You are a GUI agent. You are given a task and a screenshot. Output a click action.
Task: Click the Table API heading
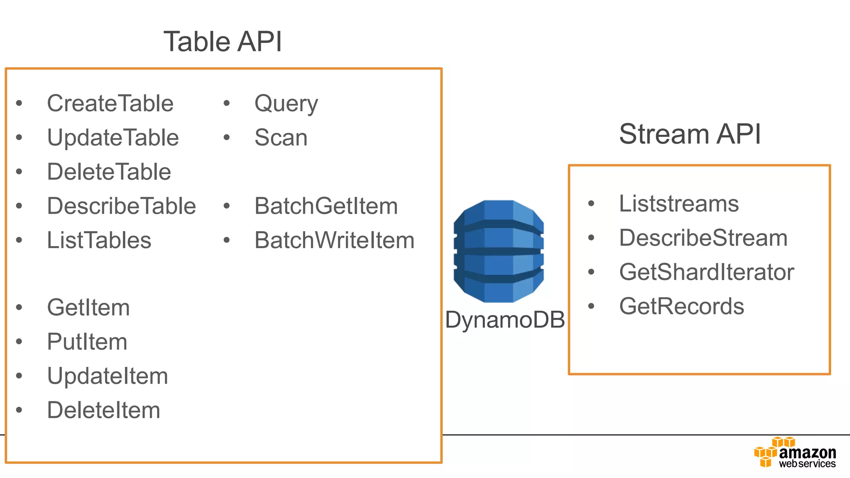(223, 42)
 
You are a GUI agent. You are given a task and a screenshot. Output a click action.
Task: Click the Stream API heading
(690, 134)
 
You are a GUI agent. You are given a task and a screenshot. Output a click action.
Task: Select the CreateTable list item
(110, 103)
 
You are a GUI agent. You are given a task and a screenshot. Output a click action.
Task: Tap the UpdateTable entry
(113, 138)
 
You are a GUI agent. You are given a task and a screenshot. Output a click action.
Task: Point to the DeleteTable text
(109, 172)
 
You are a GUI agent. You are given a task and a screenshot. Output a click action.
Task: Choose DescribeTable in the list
(122, 206)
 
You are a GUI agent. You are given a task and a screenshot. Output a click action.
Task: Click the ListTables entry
(99, 240)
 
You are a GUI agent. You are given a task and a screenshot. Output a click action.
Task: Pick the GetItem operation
(88, 308)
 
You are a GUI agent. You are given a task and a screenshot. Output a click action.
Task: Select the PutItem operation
(87, 342)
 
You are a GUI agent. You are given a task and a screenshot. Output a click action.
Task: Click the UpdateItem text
(107, 376)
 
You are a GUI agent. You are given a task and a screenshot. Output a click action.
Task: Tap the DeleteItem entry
(104, 410)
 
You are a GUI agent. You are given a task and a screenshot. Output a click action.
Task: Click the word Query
(286, 104)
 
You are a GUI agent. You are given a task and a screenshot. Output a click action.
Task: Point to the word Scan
(281, 138)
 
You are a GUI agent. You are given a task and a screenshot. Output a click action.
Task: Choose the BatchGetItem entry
(326, 206)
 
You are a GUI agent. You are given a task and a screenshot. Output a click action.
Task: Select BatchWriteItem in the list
(335, 240)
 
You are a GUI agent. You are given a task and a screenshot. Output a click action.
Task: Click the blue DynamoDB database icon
(498, 251)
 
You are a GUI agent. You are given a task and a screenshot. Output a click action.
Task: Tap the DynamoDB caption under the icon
(505, 320)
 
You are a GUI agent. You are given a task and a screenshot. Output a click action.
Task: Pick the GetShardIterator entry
(706, 272)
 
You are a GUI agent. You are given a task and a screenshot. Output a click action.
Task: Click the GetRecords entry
(681, 307)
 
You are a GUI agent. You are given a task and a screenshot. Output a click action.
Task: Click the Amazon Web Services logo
(795, 452)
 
